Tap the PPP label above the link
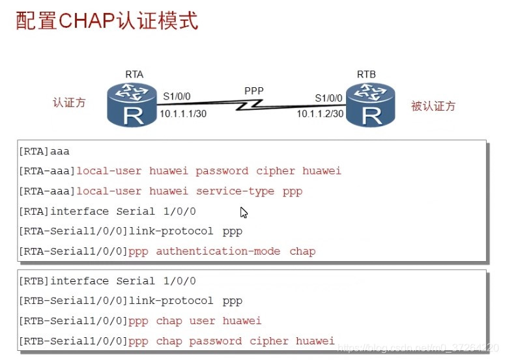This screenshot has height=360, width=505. pyautogui.click(x=254, y=90)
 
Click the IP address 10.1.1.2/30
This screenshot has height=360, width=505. pyautogui.click(x=320, y=113)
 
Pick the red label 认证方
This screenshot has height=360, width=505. pyautogui.click(x=69, y=103)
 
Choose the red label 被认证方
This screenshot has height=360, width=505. pyautogui.click(x=433, y=106)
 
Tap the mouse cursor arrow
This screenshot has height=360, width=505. pyautogui.click(x=243, y=212)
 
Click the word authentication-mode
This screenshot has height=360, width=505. pyautogui.click(x=218, y=251)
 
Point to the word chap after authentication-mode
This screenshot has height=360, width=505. pyautogui.click(x=302, y=251)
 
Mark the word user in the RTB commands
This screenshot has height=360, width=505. pyautogui.click(x=203, y=320)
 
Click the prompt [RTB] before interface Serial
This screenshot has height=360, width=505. pyautogui.click(x=34, y=281)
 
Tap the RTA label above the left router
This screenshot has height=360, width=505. pyautogui.click(x=134, y=75)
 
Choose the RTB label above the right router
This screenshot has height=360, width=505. pyautogui.click(x=366, y=75)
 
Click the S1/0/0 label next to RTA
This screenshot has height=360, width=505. pyautogui.click(x=177, y=96)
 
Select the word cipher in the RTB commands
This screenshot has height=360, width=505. pyautogui.click(x=269, y=340)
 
